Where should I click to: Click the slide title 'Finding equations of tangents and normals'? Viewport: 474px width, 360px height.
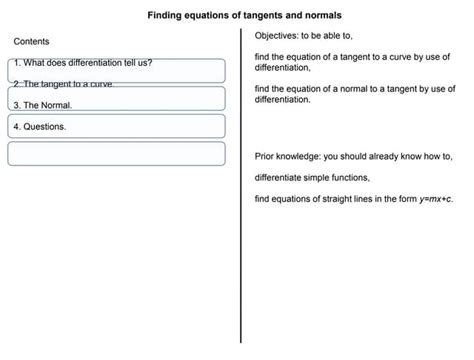pos(244,16)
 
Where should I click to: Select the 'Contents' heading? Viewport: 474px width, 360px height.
pos(31,41)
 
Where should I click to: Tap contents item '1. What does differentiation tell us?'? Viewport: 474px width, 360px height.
pos(83,63)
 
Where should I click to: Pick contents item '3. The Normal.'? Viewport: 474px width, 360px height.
pos(42,104)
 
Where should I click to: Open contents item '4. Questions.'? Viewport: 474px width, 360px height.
pos(40,128)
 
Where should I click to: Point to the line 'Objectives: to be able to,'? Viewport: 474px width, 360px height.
pos(311,35)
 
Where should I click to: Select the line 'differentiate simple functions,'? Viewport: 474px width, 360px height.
pos(312,178)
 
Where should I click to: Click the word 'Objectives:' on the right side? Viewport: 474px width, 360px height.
pos(279,35)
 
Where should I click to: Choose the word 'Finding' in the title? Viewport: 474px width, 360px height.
pos(167,16)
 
